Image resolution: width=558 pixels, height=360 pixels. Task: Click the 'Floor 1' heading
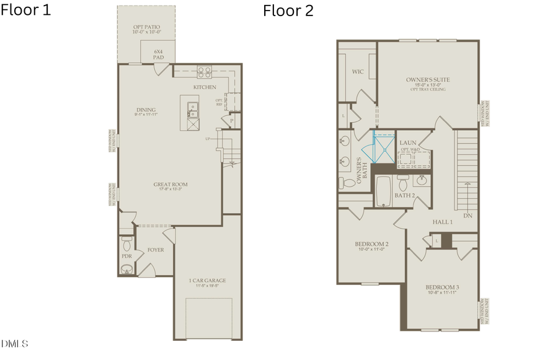26,10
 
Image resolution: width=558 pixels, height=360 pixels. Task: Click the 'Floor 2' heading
288,10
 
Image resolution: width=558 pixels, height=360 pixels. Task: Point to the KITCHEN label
205,87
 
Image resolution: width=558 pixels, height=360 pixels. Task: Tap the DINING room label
146,110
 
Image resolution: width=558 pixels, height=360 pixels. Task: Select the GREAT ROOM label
170,184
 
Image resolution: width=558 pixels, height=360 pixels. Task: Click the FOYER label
156,250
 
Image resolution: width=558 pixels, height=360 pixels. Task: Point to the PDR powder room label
126,255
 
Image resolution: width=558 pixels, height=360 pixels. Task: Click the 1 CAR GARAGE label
207,281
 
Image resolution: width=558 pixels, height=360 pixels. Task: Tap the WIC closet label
358,72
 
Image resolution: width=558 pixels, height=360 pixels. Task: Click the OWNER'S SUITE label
428,80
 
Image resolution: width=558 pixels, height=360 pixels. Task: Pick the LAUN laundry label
407,143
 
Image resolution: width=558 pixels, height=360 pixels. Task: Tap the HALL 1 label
443,221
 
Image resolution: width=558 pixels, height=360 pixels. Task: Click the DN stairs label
467,216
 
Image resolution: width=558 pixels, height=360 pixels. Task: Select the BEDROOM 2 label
371,244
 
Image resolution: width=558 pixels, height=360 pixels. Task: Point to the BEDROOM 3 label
442,288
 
